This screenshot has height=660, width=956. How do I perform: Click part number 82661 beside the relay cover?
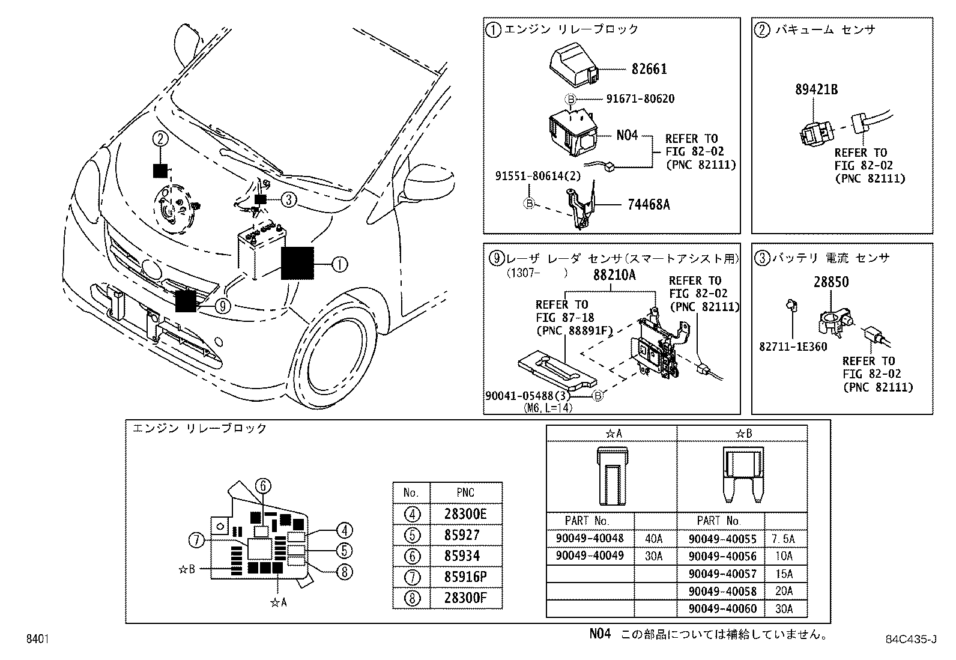coord(649,69)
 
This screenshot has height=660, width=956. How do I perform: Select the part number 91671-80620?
coord(640,99)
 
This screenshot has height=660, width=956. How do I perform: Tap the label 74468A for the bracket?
coord(648,205)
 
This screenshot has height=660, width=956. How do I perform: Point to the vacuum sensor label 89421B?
coord(816,90)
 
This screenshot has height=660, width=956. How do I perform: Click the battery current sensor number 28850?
coord(831,282)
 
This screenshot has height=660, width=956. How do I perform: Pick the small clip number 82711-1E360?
coord(793,347)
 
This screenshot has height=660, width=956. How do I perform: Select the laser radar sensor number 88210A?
coord(614,276)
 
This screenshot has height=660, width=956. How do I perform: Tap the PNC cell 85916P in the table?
coord(465,577)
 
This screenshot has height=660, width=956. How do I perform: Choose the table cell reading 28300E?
coord(465,514)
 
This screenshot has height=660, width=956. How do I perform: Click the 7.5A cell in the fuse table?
coord(784,539)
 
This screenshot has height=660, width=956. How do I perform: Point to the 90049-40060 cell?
coord(722,609)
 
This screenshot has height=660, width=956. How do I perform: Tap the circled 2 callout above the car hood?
coord(159,139)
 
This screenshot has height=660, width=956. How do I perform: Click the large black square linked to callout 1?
coord(297,263)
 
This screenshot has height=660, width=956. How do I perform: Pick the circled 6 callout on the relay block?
coord(262,486)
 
